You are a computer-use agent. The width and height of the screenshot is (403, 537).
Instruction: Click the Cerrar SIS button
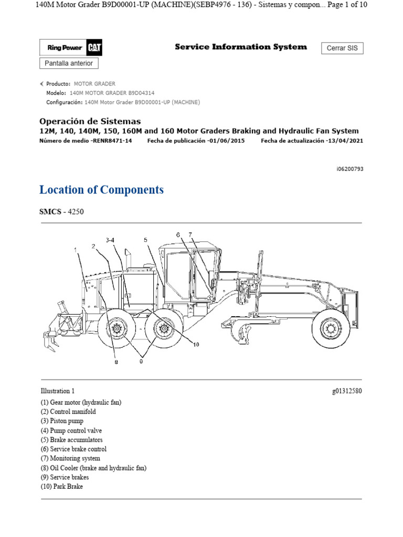point(342,48)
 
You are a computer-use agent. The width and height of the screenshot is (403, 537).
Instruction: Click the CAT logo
point(95,48)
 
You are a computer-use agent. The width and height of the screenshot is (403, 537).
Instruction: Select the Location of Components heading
point(101,190)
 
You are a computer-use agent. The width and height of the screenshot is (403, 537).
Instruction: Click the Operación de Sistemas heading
point(90,121)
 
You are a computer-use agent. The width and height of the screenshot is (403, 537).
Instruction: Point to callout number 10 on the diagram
point(196,345)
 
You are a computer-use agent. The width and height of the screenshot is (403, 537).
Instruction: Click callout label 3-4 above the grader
point(110,240)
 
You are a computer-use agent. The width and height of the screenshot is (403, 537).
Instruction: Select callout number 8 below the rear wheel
point(116,362)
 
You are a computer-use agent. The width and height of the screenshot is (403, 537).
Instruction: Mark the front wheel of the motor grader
point(330,328)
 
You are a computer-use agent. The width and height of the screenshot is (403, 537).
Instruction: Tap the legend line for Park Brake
point(61,486)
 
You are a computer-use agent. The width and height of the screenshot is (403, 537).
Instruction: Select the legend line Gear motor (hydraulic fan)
point(81,402)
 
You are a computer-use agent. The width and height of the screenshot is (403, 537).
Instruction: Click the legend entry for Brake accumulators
point(71,440)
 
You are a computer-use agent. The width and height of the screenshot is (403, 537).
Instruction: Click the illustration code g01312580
point(347,391)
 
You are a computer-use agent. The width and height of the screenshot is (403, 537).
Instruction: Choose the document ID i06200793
point(349,169)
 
